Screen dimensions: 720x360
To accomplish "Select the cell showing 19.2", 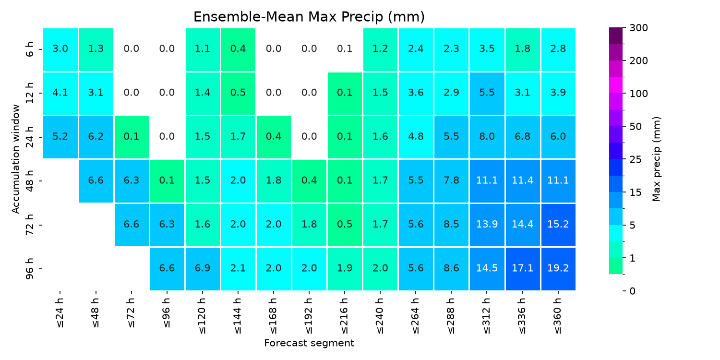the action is click(x=558, y=268).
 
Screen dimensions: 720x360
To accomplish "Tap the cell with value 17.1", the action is click(x=523, y=268).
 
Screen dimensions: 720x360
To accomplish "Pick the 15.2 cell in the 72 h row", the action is click(x=558, y=225).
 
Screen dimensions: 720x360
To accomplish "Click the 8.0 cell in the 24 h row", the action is click(x=487, y=137).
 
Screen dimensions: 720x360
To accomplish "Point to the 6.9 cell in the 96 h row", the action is click(x=203, y=268).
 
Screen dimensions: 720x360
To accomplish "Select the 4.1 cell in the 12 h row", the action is click(x=60, y=93).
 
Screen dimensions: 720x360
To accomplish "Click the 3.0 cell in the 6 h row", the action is click(x=60, y=49).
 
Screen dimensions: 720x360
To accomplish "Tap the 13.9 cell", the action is click(x=487, y=225).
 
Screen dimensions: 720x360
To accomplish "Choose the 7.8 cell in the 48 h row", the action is click(x=451, y=180).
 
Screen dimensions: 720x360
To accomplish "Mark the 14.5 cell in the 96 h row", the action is click(x=487, y=268).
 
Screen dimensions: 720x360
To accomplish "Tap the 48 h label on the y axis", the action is click(x=30, y=181).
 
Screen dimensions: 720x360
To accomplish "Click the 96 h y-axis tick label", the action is click(x=30, y=269).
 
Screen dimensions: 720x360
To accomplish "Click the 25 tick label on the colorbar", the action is click(x=636, y=159).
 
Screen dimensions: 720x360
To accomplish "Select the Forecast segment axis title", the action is click(x=309, y=343).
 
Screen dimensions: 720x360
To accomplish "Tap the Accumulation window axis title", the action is click(x=16, y=159).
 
